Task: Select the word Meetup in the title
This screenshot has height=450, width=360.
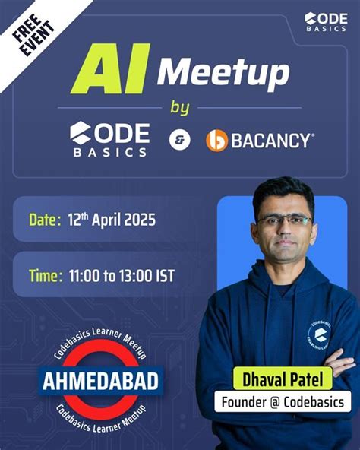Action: (x=223, y=74)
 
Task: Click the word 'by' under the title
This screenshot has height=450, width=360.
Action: (x=180, y=107)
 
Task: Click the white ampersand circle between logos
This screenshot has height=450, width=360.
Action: (x=180, y=141)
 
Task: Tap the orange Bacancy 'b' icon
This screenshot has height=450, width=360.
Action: (x=217, y=141)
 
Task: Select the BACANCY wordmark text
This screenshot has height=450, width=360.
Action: (x=270, y=141)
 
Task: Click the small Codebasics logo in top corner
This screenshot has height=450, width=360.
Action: (x=326, y=21)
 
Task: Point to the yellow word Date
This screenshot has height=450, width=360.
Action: (x=44, y=220)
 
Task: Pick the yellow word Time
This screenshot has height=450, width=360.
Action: (x=44, y=275)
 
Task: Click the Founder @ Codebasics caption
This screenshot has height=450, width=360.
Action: (x=282, y=401)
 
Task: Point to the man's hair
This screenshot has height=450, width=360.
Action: (x=283, y=189)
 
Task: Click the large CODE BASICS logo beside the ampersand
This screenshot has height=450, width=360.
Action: (x=111, y=140)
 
